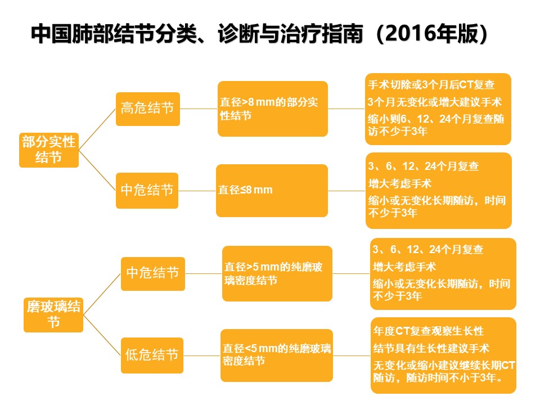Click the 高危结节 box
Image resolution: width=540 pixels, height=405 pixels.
pyautogui.click(x=148, y=109)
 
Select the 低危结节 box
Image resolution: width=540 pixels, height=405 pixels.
pyautogui.click(x=152, y=355)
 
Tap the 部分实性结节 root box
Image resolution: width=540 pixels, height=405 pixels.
pyautogui.click(x=49, y=150)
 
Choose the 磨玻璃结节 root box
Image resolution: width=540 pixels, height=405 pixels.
pyautogui.click(x=53, y=315)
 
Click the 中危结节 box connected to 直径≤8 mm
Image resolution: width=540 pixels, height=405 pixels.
pyautogui.click(x=147, y=191)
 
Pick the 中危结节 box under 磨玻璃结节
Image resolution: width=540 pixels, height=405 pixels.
pyautogui.click(x=153, y=274)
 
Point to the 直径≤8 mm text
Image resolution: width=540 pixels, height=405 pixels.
pyautogui.click(x=245, y=190)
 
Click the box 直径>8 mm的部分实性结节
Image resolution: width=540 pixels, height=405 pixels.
pyautogui.click(x=273, y=109)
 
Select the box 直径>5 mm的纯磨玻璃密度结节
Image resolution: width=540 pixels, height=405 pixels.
pyautogui.click(x=277, y=273)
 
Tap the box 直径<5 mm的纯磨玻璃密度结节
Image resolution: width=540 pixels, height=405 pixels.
pyautogui.click(x=277, y=355)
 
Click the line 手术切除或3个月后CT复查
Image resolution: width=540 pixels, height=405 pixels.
pyautogui.click(x=431, y=85)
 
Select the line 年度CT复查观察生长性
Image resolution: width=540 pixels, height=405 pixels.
pyautogui.click(x=429, y=331)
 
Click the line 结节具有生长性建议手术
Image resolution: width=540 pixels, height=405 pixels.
pyautogui.click(x=431, y=348)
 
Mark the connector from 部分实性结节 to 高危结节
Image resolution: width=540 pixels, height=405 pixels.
pyautogui.click(x=97, y=130)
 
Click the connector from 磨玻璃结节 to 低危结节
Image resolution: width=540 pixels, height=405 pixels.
pyautogui.click(x=102, y=335)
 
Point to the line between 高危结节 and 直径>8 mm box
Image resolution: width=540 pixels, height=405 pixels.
pyautogui.click(x=199, y=109)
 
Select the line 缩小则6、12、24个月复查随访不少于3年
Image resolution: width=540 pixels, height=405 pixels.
pyautogui.click(x=436, y=125)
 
